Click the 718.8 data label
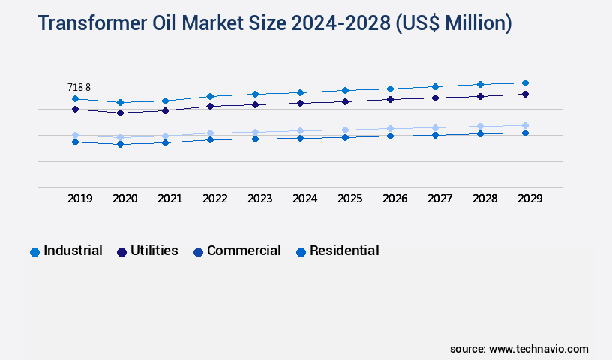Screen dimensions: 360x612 [79, 88]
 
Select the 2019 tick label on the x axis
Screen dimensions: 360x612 [79, 199]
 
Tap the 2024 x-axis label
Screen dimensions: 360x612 [304, 199]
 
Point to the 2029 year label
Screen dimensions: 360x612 [529, 199]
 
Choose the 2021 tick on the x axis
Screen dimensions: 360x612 [169, 199]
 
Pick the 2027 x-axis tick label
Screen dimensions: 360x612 [439, 199]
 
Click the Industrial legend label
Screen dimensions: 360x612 [73, 250]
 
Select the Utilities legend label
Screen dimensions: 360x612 [154, 250]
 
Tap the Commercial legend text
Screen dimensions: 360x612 [244, 250]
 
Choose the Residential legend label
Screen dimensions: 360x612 [344, 250]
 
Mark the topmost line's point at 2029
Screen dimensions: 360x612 [525, 82]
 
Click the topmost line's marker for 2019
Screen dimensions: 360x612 [75, 98]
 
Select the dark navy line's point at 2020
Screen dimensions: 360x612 [120, 112]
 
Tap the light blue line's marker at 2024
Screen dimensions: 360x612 [300, 131]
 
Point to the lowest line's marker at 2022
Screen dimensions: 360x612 [210, 139]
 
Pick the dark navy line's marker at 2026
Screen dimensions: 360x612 [390, 99]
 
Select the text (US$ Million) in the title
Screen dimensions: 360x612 [452, 24]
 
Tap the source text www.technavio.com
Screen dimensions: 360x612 [538, 349]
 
